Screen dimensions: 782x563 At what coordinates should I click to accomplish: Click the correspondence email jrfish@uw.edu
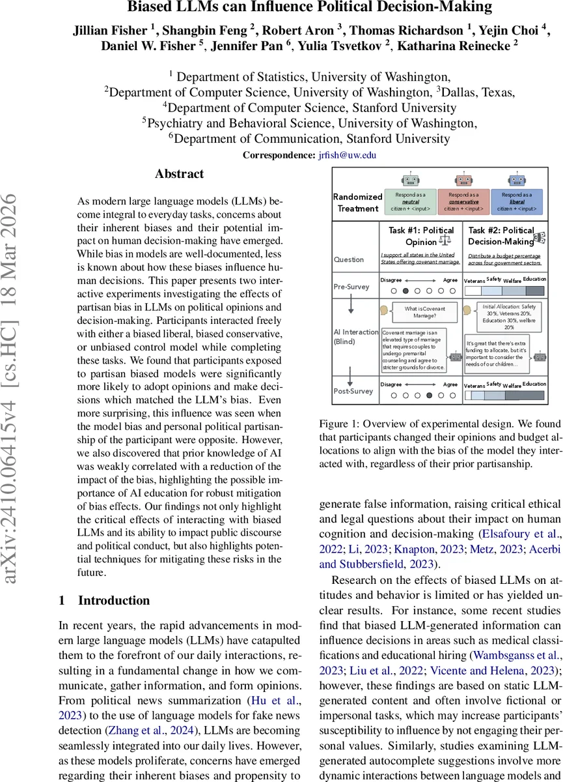click(x=347, y=155)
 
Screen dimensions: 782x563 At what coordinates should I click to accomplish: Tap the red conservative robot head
click(x=463, y=179)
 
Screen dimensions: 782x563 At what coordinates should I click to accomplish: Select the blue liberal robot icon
click(x=516, y=179)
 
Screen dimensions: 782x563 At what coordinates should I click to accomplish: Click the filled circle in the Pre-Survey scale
click(x=406, y=291)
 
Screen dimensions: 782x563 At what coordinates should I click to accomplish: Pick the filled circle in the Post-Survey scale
click(x=429, y=395)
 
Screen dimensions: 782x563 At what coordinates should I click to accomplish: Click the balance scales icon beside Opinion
click(x=446, y=242)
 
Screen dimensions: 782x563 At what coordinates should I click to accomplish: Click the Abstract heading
click(x=179, y=174)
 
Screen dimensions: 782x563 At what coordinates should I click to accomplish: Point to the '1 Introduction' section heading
click(x=104, y=600)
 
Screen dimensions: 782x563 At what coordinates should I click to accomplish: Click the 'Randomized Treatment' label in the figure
click(x=357, y=202)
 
